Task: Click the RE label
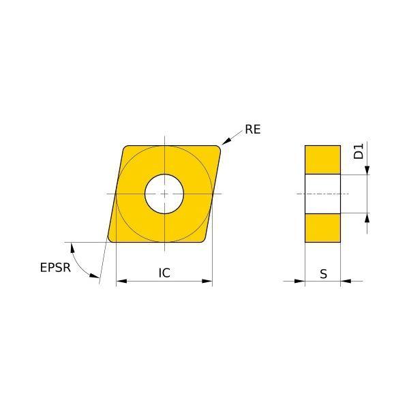tap(252, 130)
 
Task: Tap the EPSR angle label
tap(55, 268)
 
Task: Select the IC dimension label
tap(164, 273)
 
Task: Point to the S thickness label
tap(323, 274)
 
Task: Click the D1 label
tap(359, 151)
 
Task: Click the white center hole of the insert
tap(164, 194)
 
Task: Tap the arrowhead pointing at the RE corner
tap(226, 141)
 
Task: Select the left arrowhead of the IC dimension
tap(121, 281)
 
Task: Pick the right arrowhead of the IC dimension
tap(207, 281)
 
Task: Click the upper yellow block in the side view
tap(322, 160)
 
